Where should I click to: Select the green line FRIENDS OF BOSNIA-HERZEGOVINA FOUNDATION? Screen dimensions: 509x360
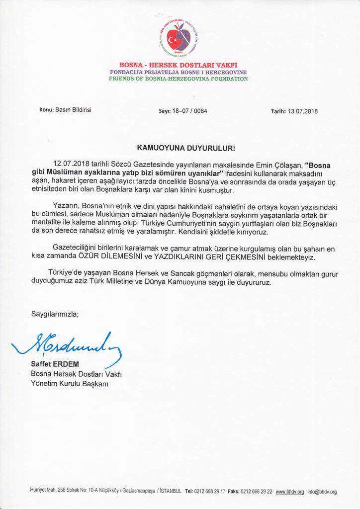[179, 79]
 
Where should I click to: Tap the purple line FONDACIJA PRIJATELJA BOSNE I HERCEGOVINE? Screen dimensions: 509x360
[179, 73]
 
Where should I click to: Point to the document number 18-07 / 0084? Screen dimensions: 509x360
[190, 111]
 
